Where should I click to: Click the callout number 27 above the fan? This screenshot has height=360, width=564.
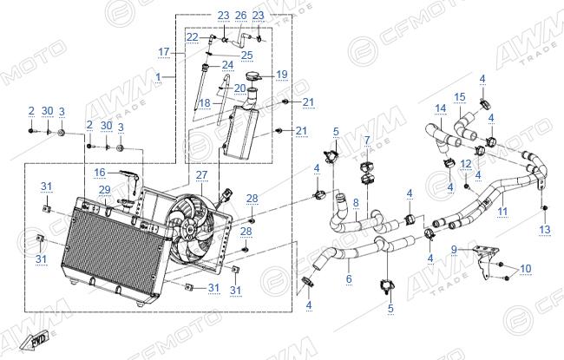tap(202, 175)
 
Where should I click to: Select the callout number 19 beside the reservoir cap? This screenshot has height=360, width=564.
tap(282, 75)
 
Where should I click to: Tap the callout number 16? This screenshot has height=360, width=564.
tap(100, 173)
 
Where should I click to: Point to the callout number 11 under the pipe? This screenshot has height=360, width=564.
tap(502, 211)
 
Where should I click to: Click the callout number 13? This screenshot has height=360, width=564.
tap(545, 229)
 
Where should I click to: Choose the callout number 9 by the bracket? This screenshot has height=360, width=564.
tap(454, 249)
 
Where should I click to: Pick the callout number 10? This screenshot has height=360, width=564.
tap(526, 269)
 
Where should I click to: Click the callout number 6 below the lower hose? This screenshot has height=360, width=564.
tap(349, 278)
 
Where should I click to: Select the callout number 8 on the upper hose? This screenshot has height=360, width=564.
tap(356, 203)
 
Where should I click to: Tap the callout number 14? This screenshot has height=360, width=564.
tap(441, 108)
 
